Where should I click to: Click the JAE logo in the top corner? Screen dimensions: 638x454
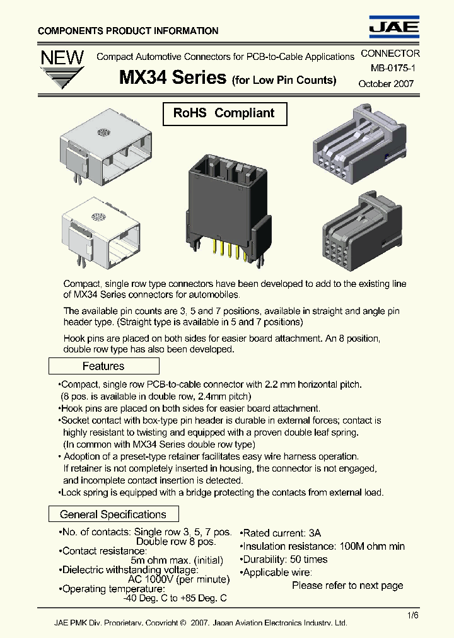click(x=393, y=26)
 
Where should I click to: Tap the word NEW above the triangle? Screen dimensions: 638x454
click(x=62, y=58)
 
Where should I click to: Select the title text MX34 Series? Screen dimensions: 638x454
click(x=173, y=78)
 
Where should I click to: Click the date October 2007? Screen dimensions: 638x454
click(x=386, y=83)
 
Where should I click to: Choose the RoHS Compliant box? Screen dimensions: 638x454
click(x=224, y=113)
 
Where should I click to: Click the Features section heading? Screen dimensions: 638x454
click(x=103, y=366)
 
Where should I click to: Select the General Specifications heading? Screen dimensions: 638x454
click(x=113, y=514)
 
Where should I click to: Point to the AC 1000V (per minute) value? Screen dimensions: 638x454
click(x=178, y=579)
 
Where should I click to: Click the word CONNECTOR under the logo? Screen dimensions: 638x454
click(x=390, y=54)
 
